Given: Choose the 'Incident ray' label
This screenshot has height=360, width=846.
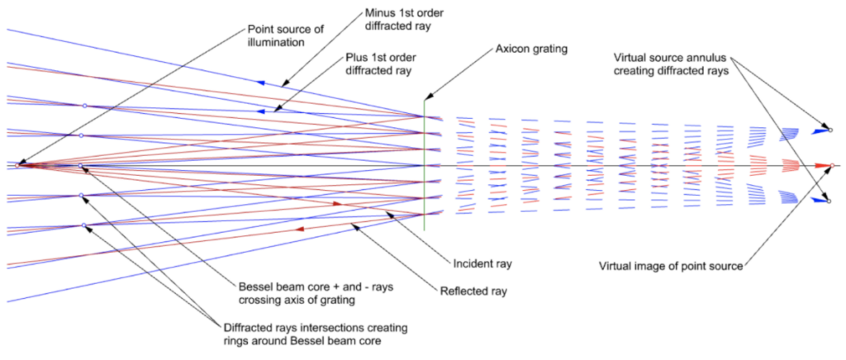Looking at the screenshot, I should [482, 264].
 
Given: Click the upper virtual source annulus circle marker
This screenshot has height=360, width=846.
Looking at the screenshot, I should [830, 130].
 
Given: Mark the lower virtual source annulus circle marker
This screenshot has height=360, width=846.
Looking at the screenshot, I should [830, 201].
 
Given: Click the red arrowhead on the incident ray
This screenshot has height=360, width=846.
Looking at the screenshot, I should [336, 203].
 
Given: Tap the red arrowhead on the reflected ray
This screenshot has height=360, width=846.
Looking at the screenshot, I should [299, 229].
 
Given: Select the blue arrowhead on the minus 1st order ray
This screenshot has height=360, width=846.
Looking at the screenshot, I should [262, 83].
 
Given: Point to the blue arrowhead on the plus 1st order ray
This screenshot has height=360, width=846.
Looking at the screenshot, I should [262, 111].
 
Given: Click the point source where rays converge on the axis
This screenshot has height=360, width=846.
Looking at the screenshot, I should [18, 165].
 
